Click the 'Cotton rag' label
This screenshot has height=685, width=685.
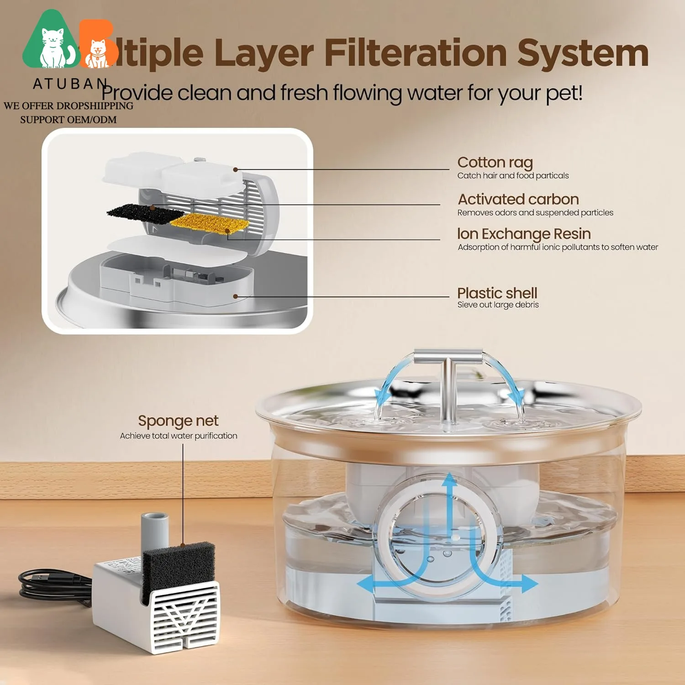click(495, 163)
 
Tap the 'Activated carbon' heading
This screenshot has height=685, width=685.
click(518, 200)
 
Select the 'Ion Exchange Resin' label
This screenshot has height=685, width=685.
click(524, 234)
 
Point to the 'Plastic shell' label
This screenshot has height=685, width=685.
click(497, 293)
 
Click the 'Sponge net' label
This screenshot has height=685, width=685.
click(178, 421)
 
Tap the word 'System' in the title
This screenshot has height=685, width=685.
click(583, 53)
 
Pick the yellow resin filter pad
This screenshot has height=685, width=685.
click(209, 222)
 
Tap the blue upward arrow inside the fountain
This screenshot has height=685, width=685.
click(450, 493)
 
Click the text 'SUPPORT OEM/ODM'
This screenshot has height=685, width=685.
click(68, 120)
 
